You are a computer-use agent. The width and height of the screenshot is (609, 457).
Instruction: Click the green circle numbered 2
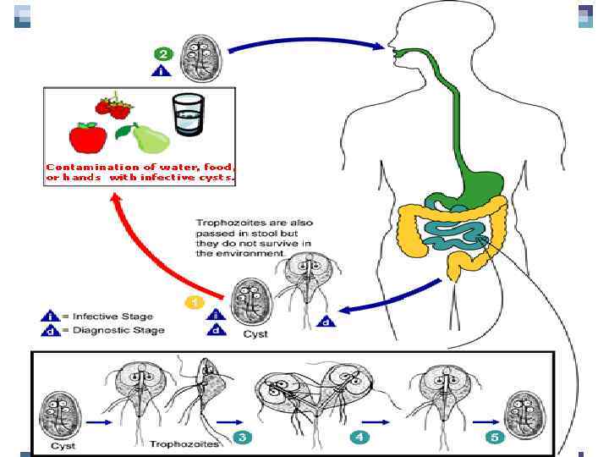(163, 53)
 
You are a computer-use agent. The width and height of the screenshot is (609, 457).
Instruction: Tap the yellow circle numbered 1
(195, 300)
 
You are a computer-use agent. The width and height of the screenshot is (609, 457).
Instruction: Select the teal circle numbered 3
(242, 438)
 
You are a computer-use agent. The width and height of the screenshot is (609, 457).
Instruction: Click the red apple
(87, 136)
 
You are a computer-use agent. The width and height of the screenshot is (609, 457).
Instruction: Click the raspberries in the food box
(114, 107)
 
